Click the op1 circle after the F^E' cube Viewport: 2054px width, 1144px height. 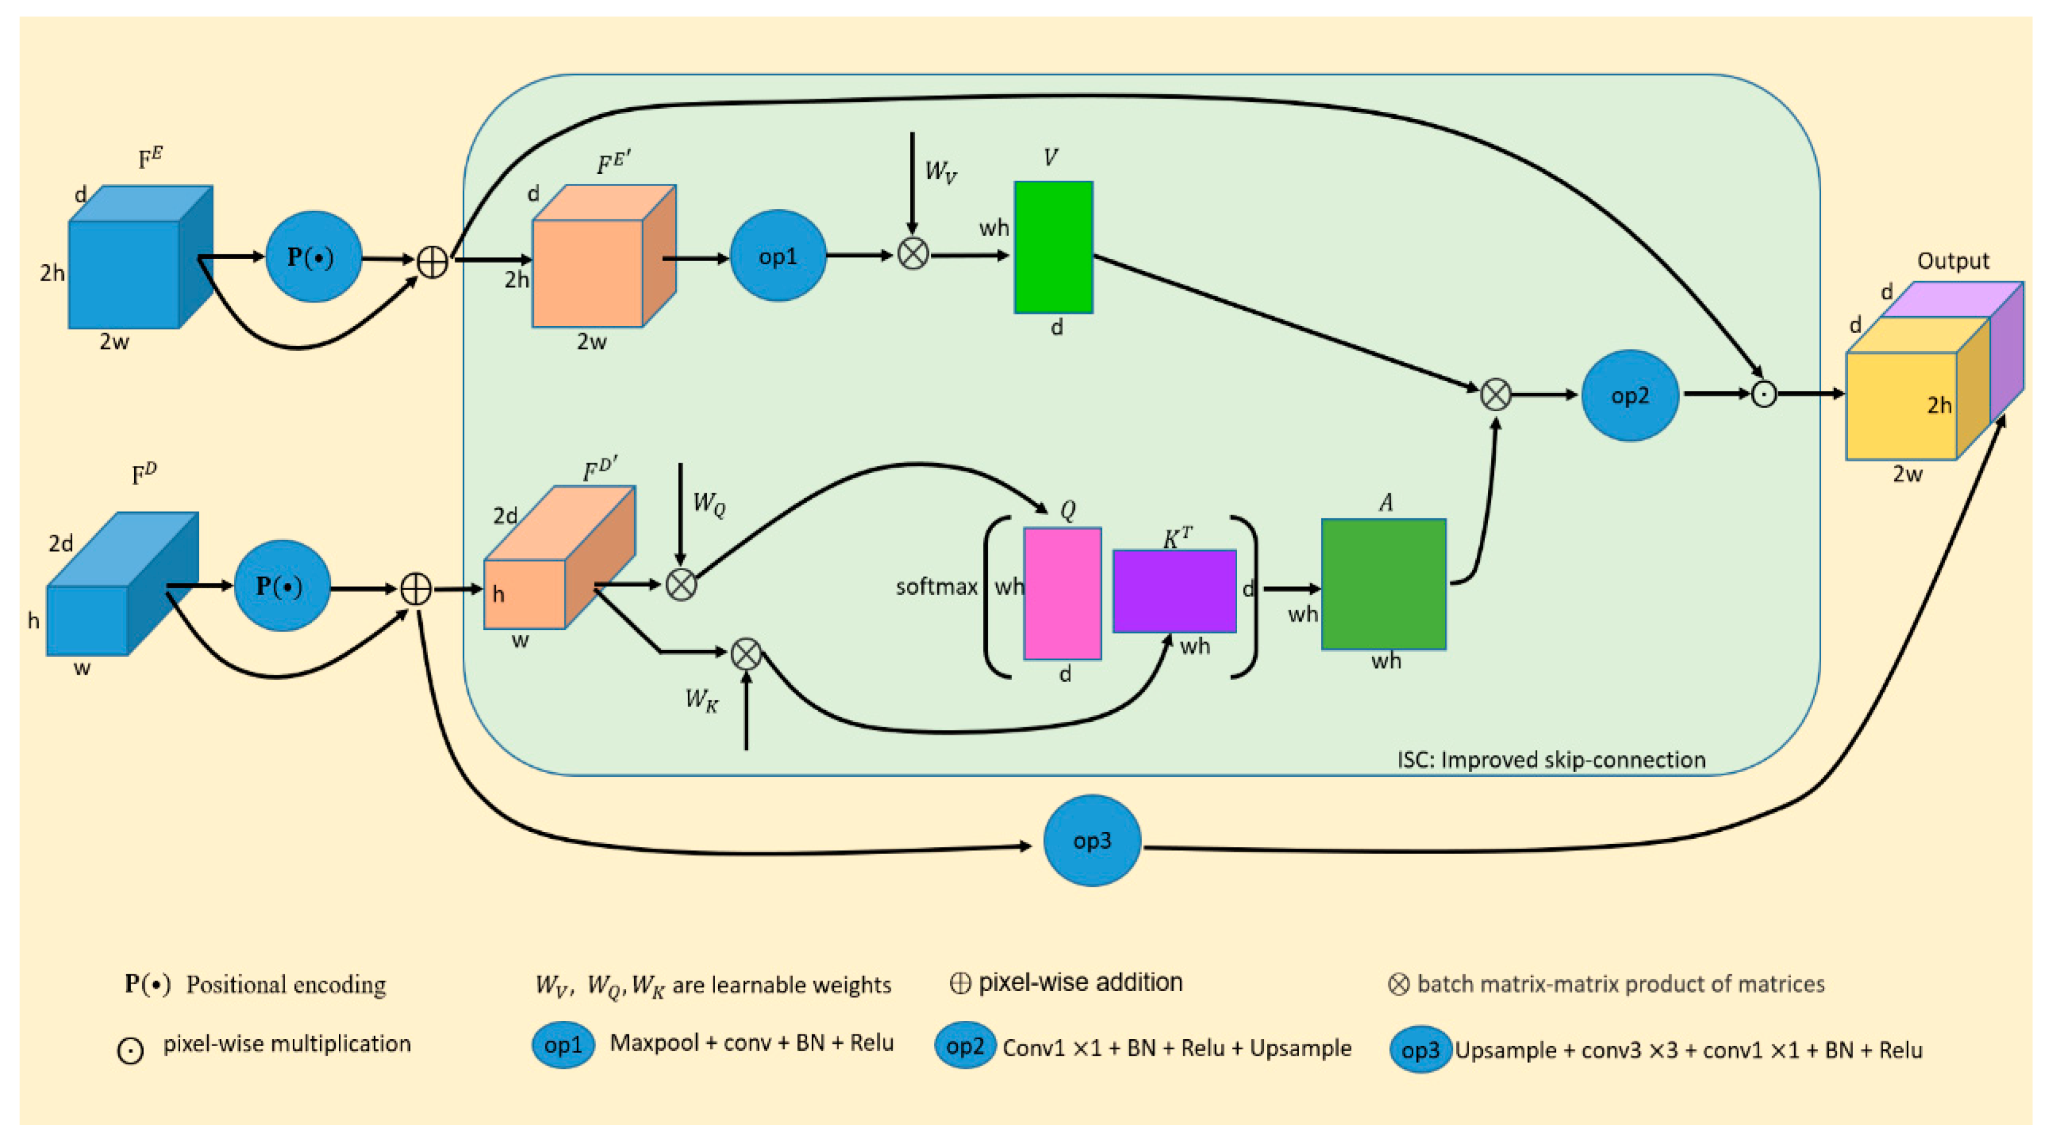(778, 256)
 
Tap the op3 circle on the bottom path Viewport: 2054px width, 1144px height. (1091, 840)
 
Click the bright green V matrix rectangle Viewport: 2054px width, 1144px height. (1053, 247)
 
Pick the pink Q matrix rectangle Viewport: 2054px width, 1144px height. (1062, 593)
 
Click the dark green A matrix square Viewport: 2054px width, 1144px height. (1384, 585)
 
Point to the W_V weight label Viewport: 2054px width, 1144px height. (940, 172)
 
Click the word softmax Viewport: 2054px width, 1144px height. (936, 588)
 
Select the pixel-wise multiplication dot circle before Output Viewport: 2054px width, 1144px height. (1763, 394)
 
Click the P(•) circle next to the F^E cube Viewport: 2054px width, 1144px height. (313, 257)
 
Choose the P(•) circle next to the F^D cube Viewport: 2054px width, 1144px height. (281, 586)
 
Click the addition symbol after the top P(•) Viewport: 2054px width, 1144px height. (432, 262)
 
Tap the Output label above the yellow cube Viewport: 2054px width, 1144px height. (1953, 260)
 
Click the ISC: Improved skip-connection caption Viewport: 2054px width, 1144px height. (1551, 760)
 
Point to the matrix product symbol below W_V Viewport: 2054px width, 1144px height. (913, 254)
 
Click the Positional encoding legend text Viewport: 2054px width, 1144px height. (286, 985)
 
